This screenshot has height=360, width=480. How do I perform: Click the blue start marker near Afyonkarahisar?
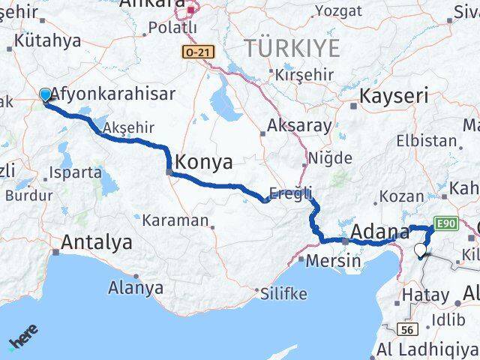(x=45, y=95)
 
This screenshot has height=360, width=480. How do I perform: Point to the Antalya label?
(x=97, y=242)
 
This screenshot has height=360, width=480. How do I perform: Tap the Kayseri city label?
(x=394, y=95)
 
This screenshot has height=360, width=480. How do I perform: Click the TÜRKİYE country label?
(x=292, y=48)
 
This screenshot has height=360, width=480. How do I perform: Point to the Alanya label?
(x=136, y=287)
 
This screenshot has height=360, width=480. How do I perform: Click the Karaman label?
(x=175, y=220)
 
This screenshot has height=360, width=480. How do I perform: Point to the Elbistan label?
(x=425, y=140)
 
